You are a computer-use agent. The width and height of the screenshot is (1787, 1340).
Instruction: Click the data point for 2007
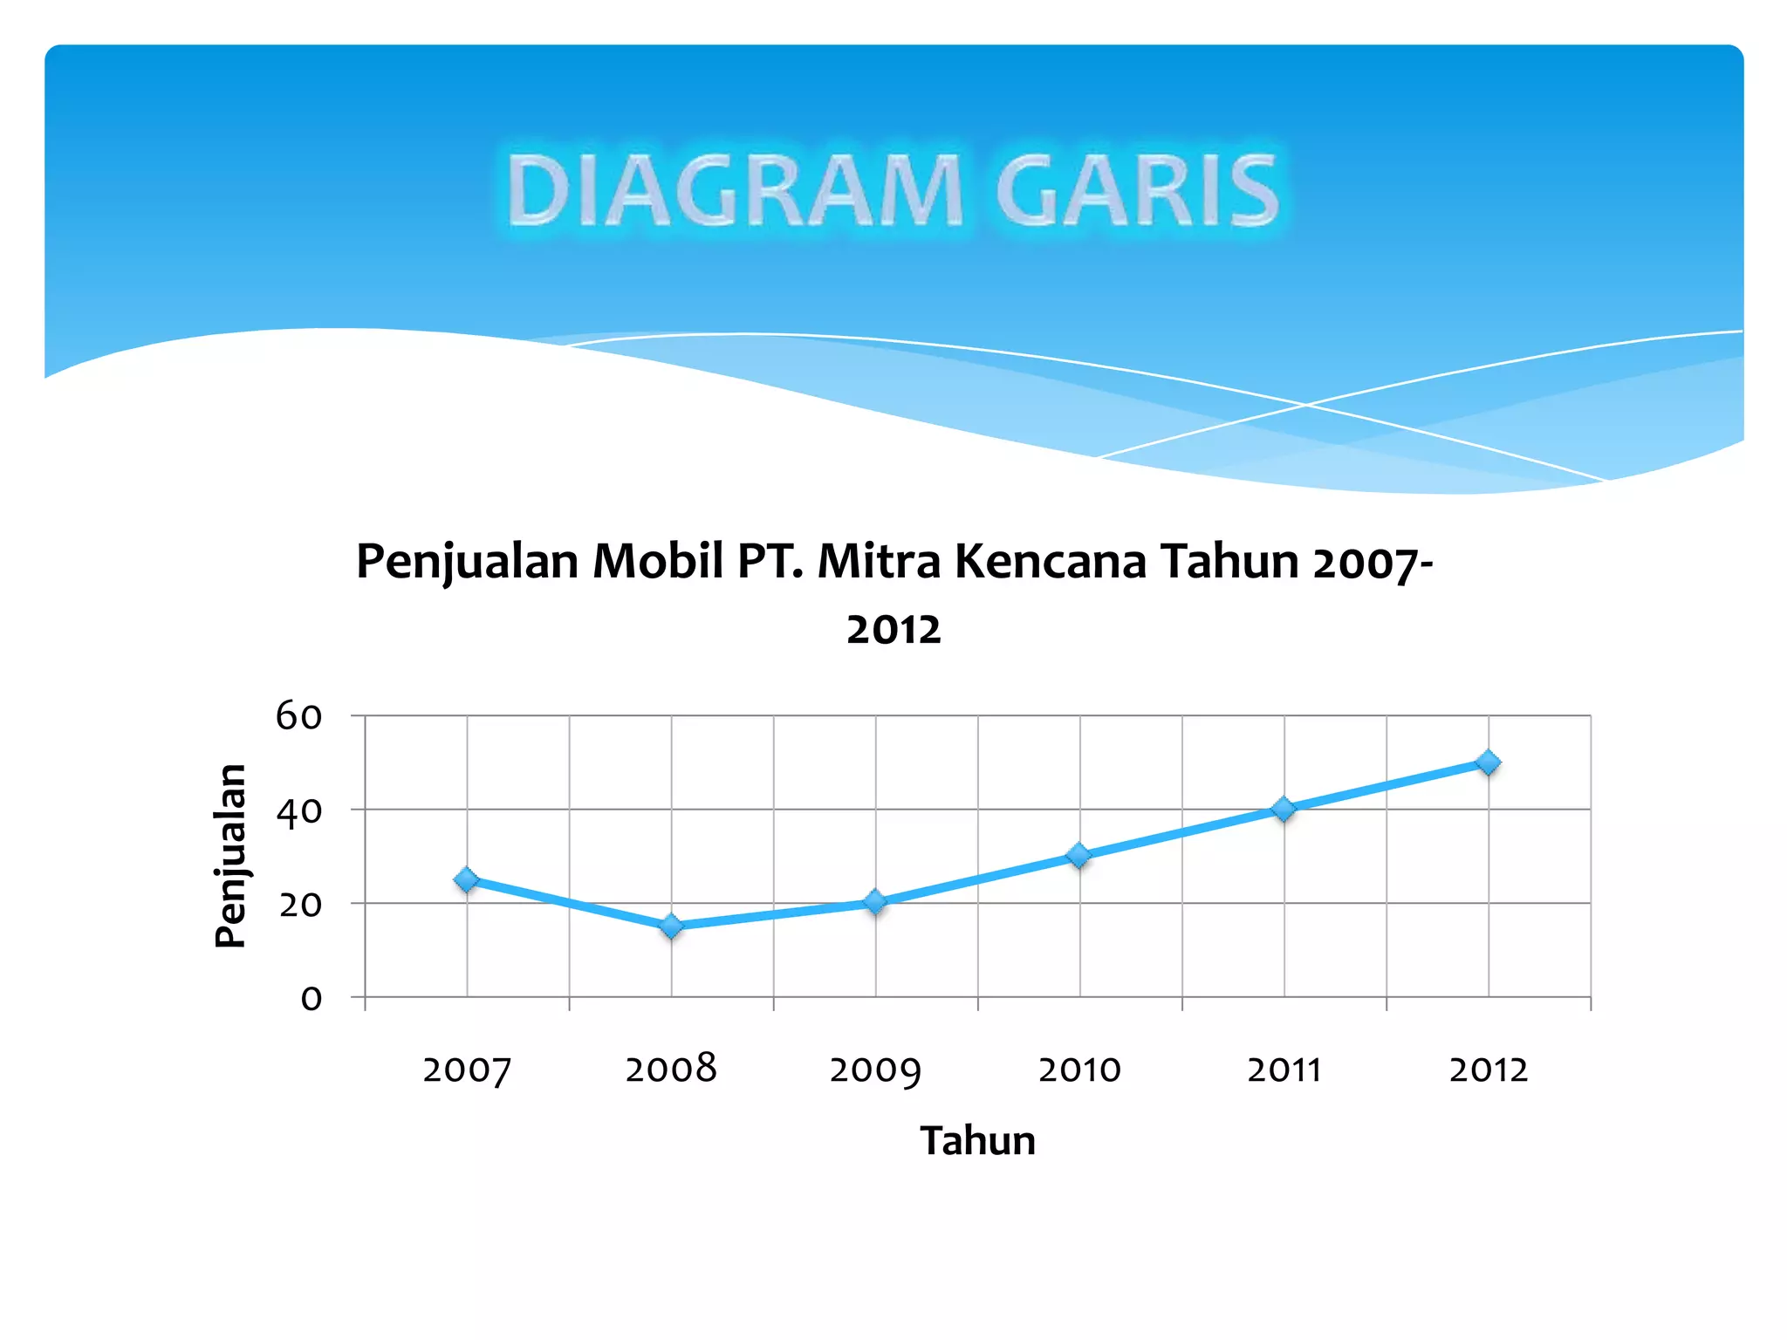coord(467,879)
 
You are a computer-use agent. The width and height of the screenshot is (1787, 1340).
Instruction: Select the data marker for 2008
coord(671,926)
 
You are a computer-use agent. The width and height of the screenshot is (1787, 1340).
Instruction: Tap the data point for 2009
coord(875,902)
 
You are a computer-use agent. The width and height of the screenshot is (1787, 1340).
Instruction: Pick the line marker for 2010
coord(1079,856)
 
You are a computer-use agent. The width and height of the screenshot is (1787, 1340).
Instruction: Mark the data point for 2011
coord(1284,809)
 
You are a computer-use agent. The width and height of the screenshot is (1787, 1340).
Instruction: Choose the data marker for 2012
coord(1489,762)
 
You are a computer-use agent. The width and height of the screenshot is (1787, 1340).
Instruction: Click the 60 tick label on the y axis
coord(298,716)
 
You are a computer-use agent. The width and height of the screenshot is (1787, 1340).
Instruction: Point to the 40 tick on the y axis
coord(298,811)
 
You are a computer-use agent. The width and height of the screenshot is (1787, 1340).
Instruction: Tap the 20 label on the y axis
coord(299,905)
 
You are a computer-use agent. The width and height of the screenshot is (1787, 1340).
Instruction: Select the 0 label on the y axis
coord(311,998)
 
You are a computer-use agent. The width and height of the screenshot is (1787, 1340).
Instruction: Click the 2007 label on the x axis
coord(467,1070)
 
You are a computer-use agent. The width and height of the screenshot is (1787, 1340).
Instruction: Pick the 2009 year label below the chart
coord(875,1070)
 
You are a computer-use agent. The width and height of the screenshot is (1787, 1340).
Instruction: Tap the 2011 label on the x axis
coord(1284,1070)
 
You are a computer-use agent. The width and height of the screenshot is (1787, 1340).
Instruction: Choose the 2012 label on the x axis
coord(1489,1070)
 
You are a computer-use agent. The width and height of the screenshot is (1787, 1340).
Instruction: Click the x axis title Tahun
coord(977,1141)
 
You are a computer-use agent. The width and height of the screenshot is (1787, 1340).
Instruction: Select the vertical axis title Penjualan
coord(230,856)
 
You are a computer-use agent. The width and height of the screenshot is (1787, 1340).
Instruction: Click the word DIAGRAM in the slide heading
coord(735,190)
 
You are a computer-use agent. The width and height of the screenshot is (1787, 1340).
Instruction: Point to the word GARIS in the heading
coord(1137,190)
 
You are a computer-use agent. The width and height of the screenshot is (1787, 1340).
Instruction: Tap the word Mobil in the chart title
coord(658,561)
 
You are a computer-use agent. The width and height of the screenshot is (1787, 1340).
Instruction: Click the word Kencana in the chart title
coord(1051,561)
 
